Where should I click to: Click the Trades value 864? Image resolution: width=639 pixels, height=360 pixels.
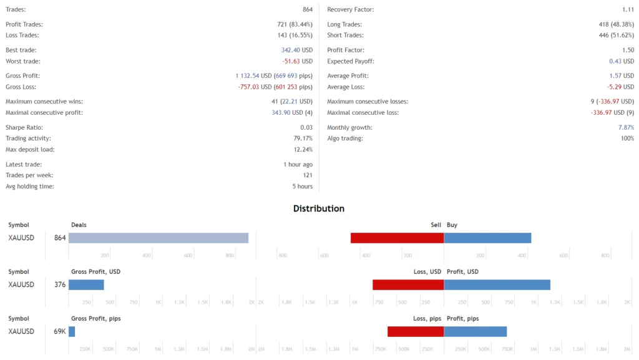[308, 10]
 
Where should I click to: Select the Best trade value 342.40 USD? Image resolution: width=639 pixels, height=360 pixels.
[296, 50]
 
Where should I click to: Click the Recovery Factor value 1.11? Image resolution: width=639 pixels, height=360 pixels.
[628, 10]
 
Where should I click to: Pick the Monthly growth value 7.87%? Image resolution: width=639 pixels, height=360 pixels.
[626, 127]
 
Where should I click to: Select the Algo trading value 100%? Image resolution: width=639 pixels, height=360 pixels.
[627, 139]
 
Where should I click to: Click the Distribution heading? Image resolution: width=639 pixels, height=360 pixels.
[319, 208]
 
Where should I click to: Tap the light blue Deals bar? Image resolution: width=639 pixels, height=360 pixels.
[159, 238]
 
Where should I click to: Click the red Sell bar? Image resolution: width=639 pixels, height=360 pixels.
[397, 238]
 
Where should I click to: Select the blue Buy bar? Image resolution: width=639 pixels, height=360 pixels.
[487, 238]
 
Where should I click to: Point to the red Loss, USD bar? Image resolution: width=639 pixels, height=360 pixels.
[408, 285]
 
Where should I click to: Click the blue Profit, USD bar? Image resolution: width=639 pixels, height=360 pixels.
[497, 285]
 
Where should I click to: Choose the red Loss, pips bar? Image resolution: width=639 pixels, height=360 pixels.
[416, 331]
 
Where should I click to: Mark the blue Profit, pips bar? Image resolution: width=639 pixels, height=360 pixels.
[475, 331]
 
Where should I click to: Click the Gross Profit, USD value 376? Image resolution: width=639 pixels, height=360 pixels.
[60, 285]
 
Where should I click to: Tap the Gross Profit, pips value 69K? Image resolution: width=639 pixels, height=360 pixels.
[60, 331]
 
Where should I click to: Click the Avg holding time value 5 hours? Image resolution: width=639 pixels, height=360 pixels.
[302, 187]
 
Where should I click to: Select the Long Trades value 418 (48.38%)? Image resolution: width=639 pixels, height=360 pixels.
[616, 24]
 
